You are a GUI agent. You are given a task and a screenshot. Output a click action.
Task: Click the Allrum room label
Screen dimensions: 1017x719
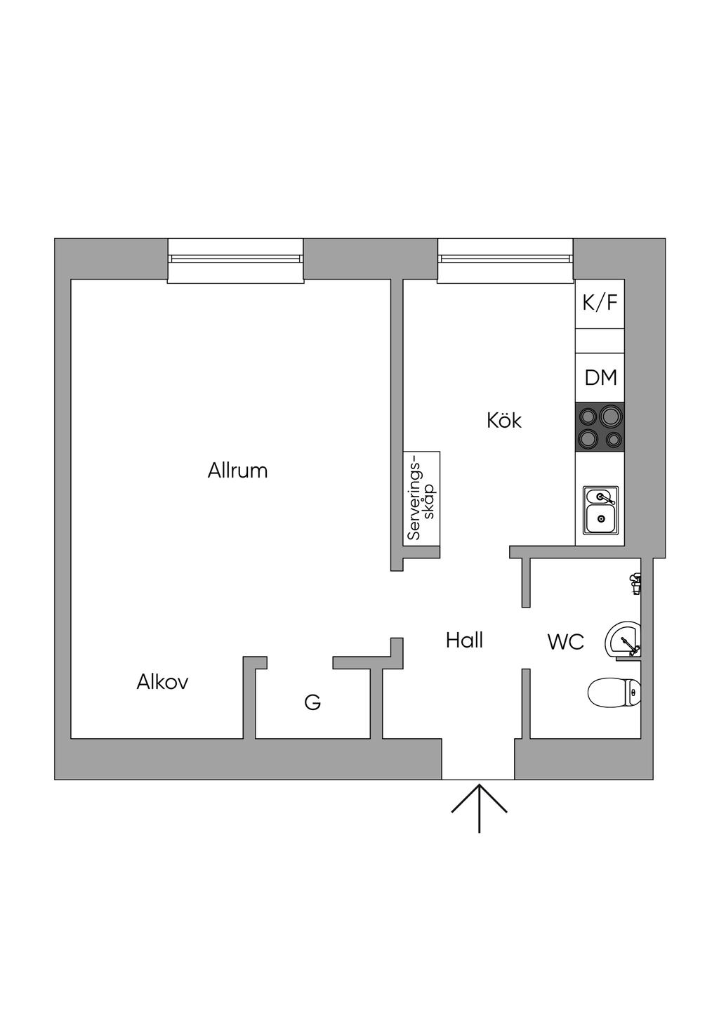pos(237,470)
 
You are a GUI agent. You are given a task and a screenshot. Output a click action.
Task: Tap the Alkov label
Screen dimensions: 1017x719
pos(162,681)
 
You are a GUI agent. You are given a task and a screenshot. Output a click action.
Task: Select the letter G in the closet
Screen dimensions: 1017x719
pos(312,702)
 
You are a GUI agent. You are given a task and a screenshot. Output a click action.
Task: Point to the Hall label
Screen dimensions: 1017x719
pos(464,640)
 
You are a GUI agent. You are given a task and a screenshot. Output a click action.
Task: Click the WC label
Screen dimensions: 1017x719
pos(565,641)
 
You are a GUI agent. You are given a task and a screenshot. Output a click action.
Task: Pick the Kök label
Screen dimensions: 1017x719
pos(504,421)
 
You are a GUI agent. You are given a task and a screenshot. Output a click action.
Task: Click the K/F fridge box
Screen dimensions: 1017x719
pos(600,303)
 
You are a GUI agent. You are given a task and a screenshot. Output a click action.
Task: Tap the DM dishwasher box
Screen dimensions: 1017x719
pos(600,377)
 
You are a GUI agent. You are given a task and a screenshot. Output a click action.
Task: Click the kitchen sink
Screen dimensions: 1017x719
pos(601,509)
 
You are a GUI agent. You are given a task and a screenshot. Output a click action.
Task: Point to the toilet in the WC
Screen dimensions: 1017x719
pos(614,692)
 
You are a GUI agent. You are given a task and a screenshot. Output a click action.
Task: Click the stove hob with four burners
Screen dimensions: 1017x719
pos(600,426)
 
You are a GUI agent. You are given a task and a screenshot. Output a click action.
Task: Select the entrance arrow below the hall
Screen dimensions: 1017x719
pos(479,807)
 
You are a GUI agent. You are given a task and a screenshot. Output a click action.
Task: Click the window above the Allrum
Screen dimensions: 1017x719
pos(236,261)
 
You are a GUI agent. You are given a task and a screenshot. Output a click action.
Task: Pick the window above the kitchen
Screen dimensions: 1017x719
pos(506,261)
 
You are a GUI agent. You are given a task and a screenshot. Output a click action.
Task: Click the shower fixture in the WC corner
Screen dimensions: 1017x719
pos(635,583)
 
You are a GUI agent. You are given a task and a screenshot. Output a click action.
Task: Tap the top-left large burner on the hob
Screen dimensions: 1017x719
pos(588,416)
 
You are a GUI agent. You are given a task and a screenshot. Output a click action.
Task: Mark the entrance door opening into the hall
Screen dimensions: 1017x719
pos(478,759)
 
